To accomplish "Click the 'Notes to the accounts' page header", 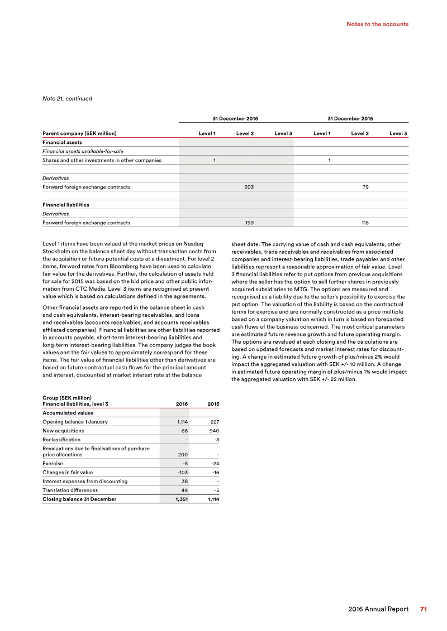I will point(377,24).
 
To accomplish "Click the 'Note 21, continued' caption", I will point(67,99).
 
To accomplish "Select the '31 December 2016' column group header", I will point(235,119).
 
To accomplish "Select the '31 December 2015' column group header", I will point(350,119).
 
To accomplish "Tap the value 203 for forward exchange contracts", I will point(249,187).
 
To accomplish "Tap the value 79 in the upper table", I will point(365,187).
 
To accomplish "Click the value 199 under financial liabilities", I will point(250,223).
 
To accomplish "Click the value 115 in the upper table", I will point(365,223).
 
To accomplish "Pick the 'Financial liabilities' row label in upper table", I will point(66,205).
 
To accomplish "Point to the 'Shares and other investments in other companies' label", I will point(102,160).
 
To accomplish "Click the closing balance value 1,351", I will point(179,499).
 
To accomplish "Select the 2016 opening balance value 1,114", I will point(180,422).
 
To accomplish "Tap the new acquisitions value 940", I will point(213,431).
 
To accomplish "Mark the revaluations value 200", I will point(182,454).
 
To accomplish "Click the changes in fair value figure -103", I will point(180,472).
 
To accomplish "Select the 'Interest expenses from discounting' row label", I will point(85,481).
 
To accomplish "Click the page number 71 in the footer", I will point(424,609).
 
